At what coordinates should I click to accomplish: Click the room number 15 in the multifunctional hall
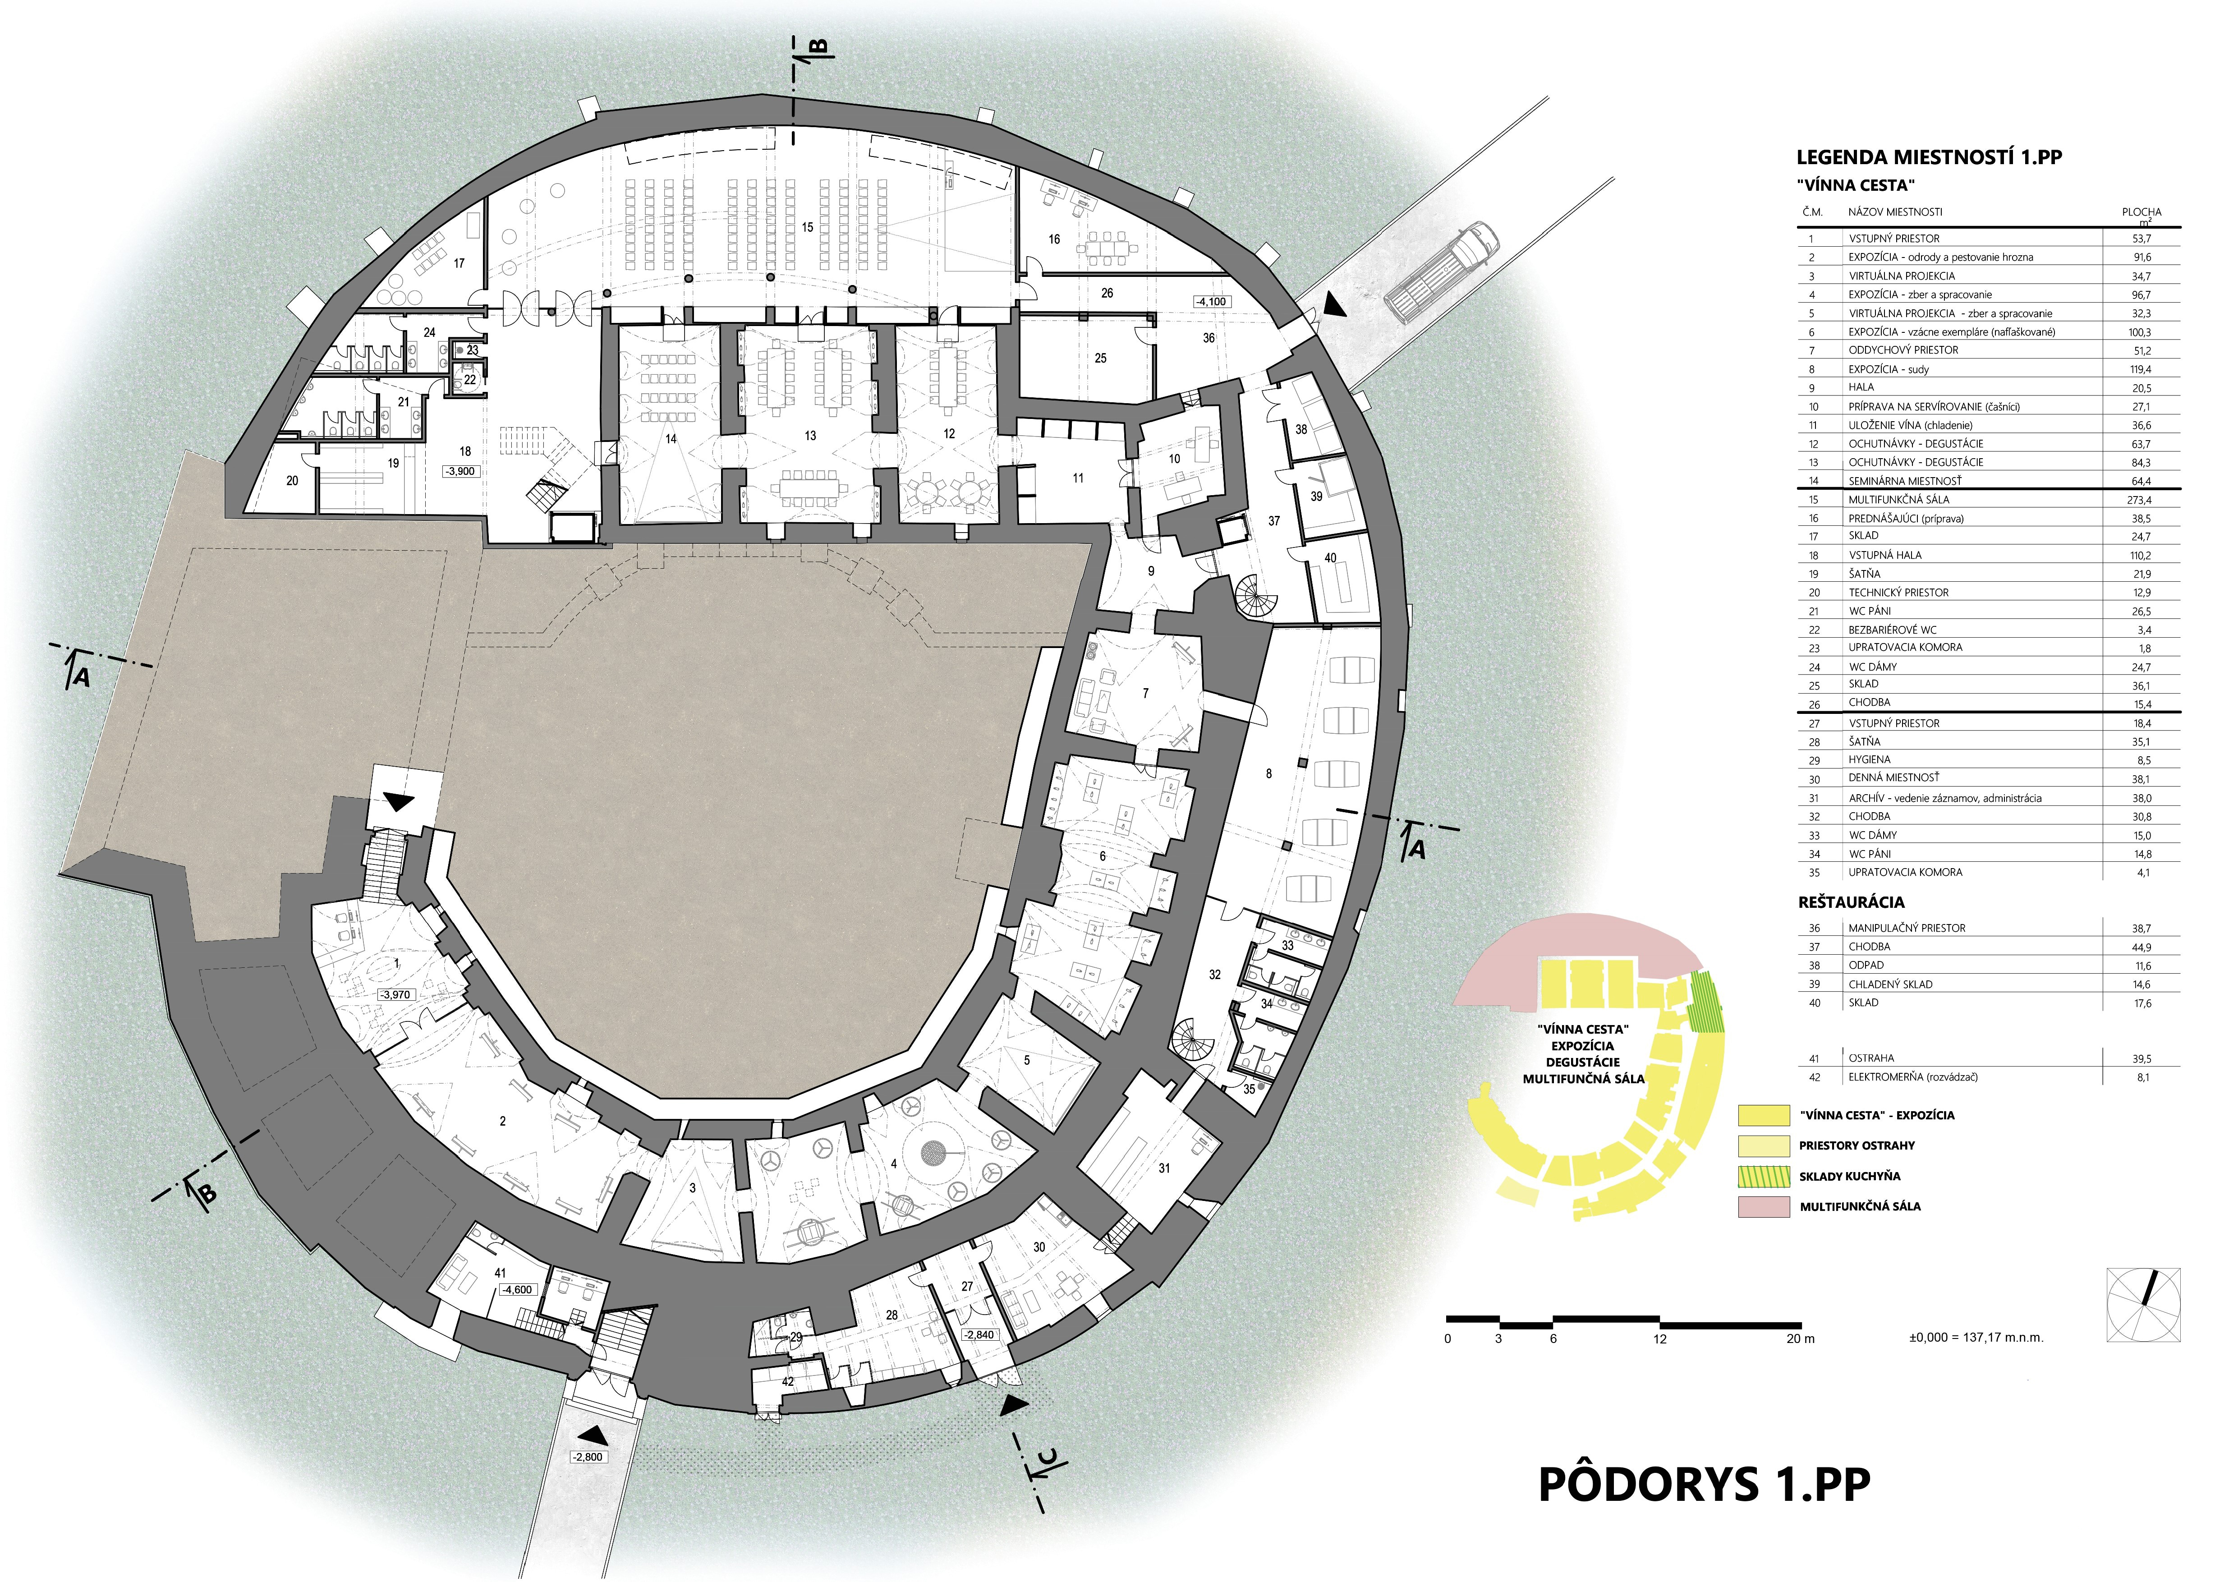807,227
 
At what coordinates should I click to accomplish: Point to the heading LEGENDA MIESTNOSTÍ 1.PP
1929,157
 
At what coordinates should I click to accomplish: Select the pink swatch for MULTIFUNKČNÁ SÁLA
1763,1206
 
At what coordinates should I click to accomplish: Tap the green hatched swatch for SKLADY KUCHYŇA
1763,1176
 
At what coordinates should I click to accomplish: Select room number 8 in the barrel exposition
1268,774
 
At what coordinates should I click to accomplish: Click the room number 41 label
500,1273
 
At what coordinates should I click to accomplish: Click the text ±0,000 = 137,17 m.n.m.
1976,1337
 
